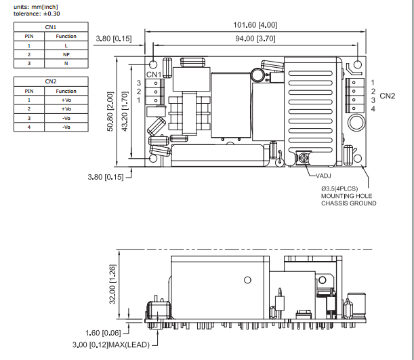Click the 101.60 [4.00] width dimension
coord(255,25)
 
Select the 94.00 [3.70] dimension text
coord(255,39)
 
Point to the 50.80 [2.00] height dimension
coord(110,111)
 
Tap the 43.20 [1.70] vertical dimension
coord(125,111)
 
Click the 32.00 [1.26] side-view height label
coord(112,284)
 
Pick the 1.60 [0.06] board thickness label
coord(103,333)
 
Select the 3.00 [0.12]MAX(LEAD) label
coord(111,344)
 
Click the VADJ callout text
coord(323,176)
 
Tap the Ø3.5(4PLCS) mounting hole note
coord(339,188)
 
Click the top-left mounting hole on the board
coord(153,64)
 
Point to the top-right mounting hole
coord(358,64)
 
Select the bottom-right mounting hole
coord(358,159)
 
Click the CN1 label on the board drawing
coord(154,75)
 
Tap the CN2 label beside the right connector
coord(388,96)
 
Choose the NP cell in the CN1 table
coord(66,55)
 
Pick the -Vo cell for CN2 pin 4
coord(66,127)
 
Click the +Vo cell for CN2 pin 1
coord(66,100)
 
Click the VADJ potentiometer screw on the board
coord(304,158)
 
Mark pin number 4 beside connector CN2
coord(373,109)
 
